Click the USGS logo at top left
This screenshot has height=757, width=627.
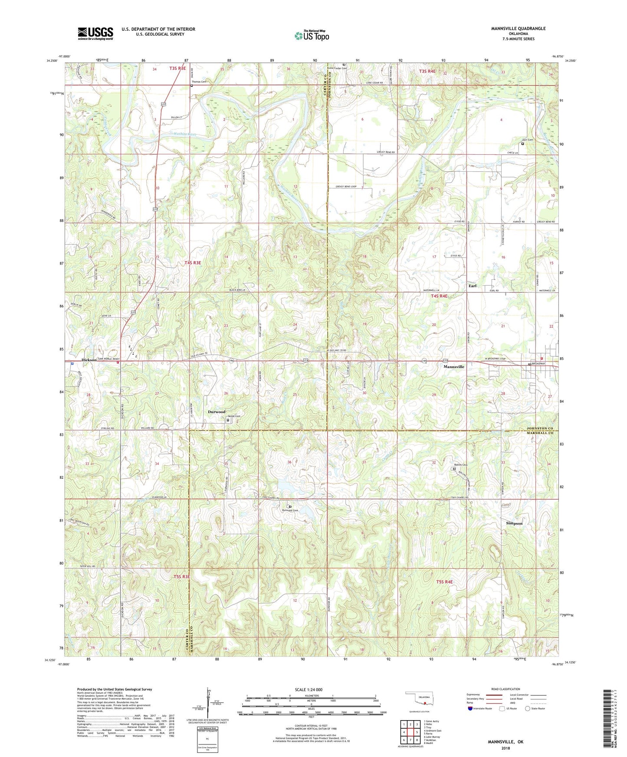click(x=95, y=33)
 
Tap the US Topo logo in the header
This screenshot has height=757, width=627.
click(x=311, y=36)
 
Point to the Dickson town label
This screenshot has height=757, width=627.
click(x=89, y=360)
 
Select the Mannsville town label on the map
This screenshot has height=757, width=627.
click(x=453, y=367)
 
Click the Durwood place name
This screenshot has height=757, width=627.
click(x=217, y=411)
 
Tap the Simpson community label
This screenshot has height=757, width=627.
click(x=514, y=523)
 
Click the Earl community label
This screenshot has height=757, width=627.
click(x=472, y=286)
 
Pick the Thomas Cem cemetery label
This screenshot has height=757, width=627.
click(x=199, y=82)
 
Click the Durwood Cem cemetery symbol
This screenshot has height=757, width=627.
click(x=290, y=506)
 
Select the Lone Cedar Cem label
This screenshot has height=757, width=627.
click(x=338, y=68)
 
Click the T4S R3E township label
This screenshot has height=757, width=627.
click(x=193, y=263)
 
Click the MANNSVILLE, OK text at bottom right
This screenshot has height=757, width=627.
click(x=506, y=742)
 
